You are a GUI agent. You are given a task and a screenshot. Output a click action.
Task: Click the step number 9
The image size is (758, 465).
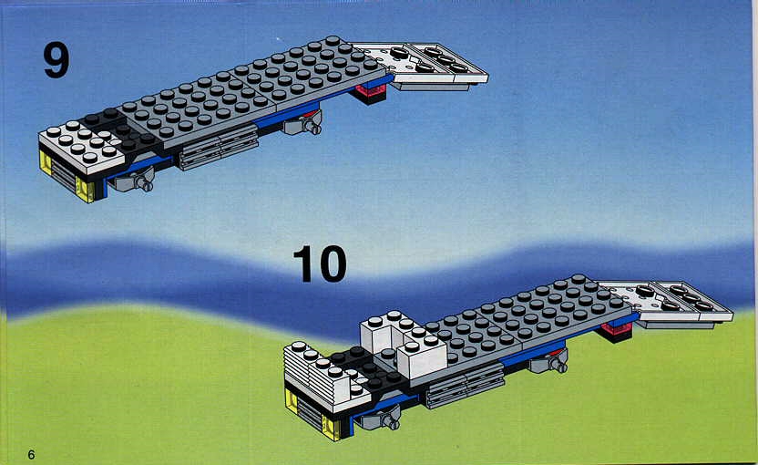pos(56,60)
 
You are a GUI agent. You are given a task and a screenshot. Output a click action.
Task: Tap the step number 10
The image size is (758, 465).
pos(320,263)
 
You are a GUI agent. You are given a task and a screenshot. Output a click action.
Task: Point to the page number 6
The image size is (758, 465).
pos(31,454)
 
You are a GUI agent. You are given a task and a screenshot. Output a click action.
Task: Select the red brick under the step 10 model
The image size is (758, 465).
pos(617,331)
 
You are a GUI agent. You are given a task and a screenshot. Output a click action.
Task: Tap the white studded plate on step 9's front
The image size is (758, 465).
pos(81,144)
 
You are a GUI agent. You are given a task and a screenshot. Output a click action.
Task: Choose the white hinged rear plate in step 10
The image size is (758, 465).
pos(666,304)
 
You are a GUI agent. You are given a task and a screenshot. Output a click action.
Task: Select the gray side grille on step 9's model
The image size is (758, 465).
pos(219,147)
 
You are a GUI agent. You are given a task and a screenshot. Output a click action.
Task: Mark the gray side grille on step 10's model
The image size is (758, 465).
pos(465,385)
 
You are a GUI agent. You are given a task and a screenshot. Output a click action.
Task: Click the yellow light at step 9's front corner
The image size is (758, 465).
pos(85,191)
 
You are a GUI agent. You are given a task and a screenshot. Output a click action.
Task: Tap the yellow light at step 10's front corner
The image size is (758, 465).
pos(332,429)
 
